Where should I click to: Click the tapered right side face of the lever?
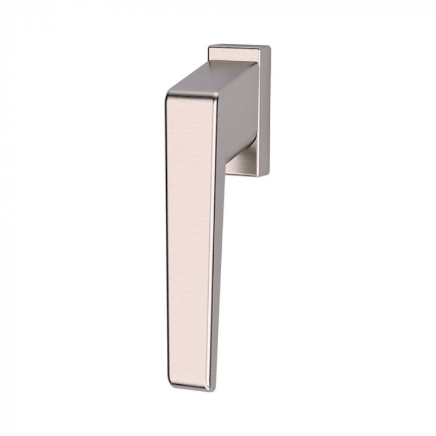[217, 245]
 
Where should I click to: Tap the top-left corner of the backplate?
[210, 47]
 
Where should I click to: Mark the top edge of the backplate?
[240, 46]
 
